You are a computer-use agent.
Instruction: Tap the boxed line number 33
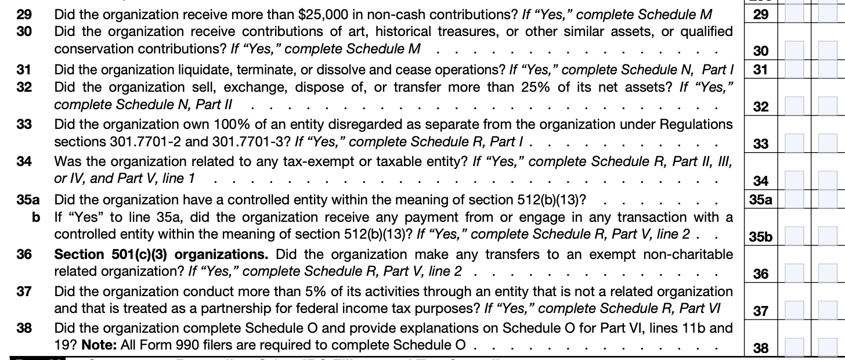coord(760,144)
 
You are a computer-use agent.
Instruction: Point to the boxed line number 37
coord(760,312)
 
